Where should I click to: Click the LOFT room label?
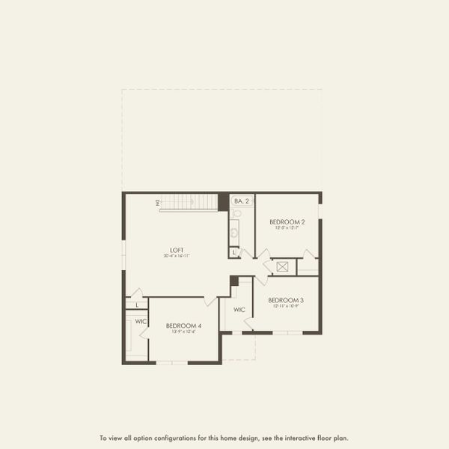[x=177, y=250]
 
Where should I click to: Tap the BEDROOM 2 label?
[x=287, y=222]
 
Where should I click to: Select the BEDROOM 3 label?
[x=286, y=300]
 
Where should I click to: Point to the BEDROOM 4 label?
[x=183, y=326]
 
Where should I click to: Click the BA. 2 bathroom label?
[x=241, y=201]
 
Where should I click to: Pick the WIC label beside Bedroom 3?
[x=239, y=309]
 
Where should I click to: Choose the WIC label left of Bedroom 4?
[x=141, y=322]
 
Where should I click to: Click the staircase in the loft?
[x=188, y=202]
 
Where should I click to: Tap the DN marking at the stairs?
[x=158, y=202]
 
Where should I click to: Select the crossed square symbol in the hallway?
[x=283, y=266]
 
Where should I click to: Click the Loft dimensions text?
[x=177, y=256]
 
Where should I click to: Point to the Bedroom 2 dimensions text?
[x=287, y=228]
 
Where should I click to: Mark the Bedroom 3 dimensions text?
[x=286, y=306]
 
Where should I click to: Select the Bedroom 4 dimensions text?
[x=183, y=332]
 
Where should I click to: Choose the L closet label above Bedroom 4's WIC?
[x=138, y=305]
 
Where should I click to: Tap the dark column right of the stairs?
[x=223, y=202]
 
